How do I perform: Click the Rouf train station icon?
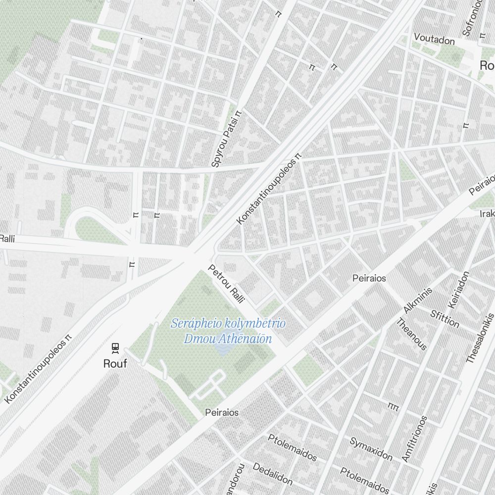click(115, 348)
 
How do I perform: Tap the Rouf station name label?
click(115, 364)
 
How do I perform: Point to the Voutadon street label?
click(434, 38)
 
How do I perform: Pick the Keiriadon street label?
click(458, 289)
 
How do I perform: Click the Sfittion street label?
click(445, 319)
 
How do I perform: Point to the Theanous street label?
click(411, 334)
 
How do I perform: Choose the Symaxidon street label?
click(371, 448)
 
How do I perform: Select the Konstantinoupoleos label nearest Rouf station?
click(38, 369)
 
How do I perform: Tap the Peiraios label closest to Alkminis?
click(369, 278)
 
